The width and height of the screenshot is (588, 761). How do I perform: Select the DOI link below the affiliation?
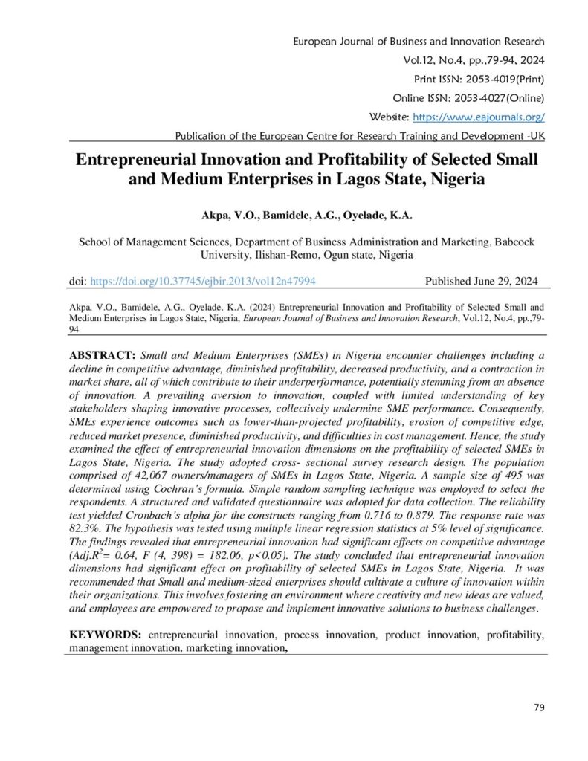(x=203, y=282)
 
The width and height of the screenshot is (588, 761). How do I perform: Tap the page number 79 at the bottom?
(x=539, y=707)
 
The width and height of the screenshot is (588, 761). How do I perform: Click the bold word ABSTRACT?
(x=103, y=355)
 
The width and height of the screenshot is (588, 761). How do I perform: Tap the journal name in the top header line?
(x=420, y=41)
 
